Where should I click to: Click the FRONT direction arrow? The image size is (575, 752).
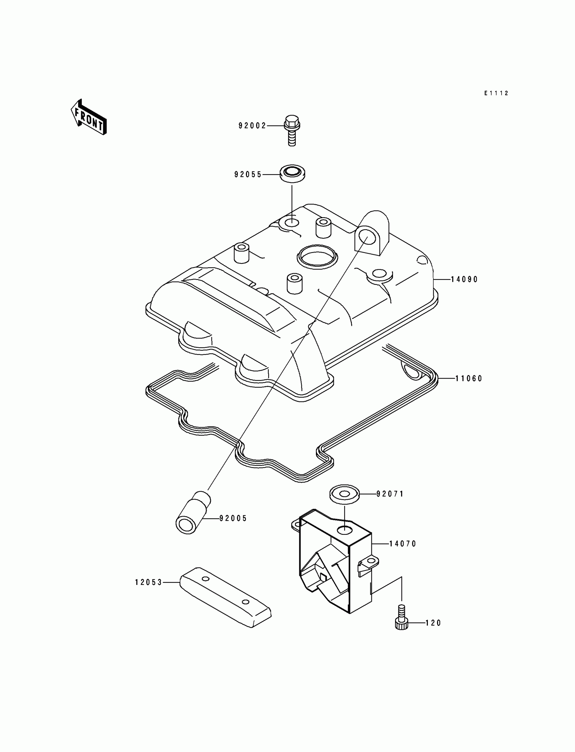(x=89, y=117)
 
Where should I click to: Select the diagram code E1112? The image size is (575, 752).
(x=496, y=93)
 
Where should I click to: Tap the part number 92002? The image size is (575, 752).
(x=252, y=126)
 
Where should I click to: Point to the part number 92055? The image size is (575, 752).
(x=248, y=175)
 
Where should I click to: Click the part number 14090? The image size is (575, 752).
(x=464, y=279)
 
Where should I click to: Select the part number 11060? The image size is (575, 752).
(x=468, y=379)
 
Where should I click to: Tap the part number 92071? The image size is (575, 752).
(x=390, y=494)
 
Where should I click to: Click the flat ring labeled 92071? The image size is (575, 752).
(x=344, y=494)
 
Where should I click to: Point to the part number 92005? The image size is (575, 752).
(x=233, y=519)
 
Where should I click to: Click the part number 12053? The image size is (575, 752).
(x=148, y=582)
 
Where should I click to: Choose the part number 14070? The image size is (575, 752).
(x=403, y=544)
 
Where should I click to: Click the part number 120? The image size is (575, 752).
(x=433, y=623)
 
